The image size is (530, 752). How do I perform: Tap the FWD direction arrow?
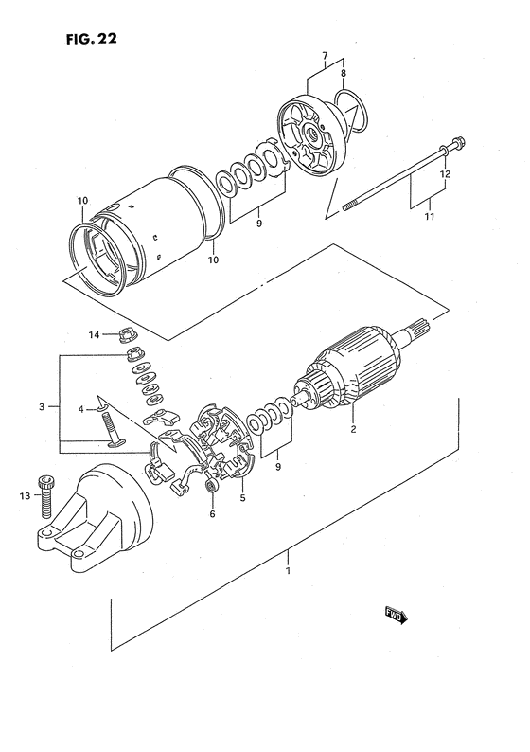(x=395, y=616)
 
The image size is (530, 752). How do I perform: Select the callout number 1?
(x=288, y=571)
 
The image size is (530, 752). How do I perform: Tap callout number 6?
(x=213, y=514)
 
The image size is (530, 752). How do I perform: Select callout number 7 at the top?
(x=326, y=56)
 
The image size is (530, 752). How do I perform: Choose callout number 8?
(x=343, y=73)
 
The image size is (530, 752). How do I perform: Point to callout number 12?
(x=445, y=174)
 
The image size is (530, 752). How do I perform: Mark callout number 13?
(x=24, y=494)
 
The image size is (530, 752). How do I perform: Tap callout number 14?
(x=94, y=334)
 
